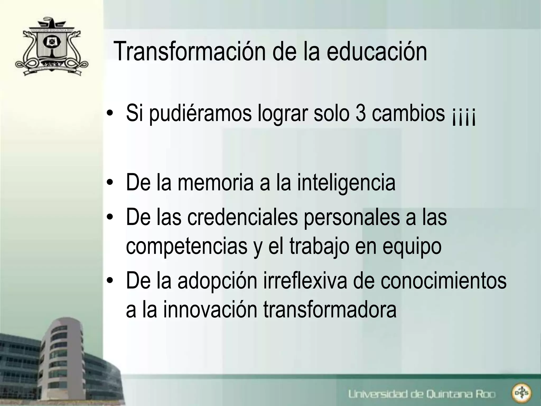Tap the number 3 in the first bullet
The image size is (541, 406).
point(360,113)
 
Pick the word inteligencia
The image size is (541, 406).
point(346,183)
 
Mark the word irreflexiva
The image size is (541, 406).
point(305,280)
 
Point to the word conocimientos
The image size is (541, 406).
point(444,280)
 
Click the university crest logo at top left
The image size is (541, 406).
point(52,47)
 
